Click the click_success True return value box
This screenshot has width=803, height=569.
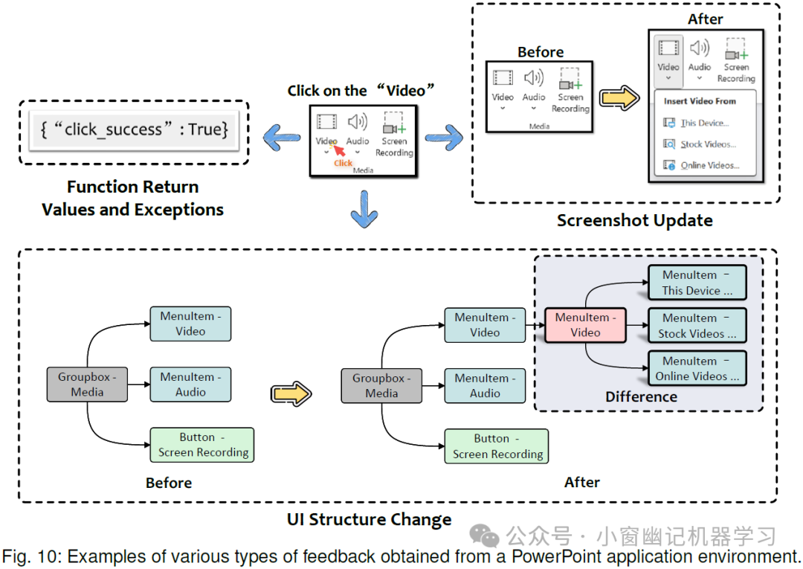[x=134, y=130]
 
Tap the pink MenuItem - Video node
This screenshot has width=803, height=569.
[x=585, y=325]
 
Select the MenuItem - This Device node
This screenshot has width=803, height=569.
[x=697, y=283]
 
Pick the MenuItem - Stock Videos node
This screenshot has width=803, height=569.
[x=697, y=326]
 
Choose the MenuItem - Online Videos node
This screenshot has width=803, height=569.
[x=697, y=368]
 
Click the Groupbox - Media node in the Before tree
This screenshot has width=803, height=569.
[x=87, y=385]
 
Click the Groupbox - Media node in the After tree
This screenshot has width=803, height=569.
[x=381, y=385]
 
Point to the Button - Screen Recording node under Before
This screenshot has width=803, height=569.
[x=202, y=445]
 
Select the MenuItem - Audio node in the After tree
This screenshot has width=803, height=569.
[x=485, y=385]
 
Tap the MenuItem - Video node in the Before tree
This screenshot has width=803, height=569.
[x=190, y=324]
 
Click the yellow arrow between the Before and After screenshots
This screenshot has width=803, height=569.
[x=620, y=98]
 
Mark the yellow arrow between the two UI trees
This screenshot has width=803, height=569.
[x=291, y=393]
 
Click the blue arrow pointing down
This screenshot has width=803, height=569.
[x=363, y=208]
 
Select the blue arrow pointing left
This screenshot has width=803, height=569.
[x=280, y=136]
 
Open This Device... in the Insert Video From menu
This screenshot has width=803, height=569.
[x=704, y=123]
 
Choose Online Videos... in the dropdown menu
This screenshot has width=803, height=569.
[x=709, y=165]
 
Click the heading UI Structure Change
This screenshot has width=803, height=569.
[x=369, y=519]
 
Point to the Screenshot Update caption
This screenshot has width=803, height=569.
[x=634, y=220]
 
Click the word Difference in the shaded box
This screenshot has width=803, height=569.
[x=641, y=396]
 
